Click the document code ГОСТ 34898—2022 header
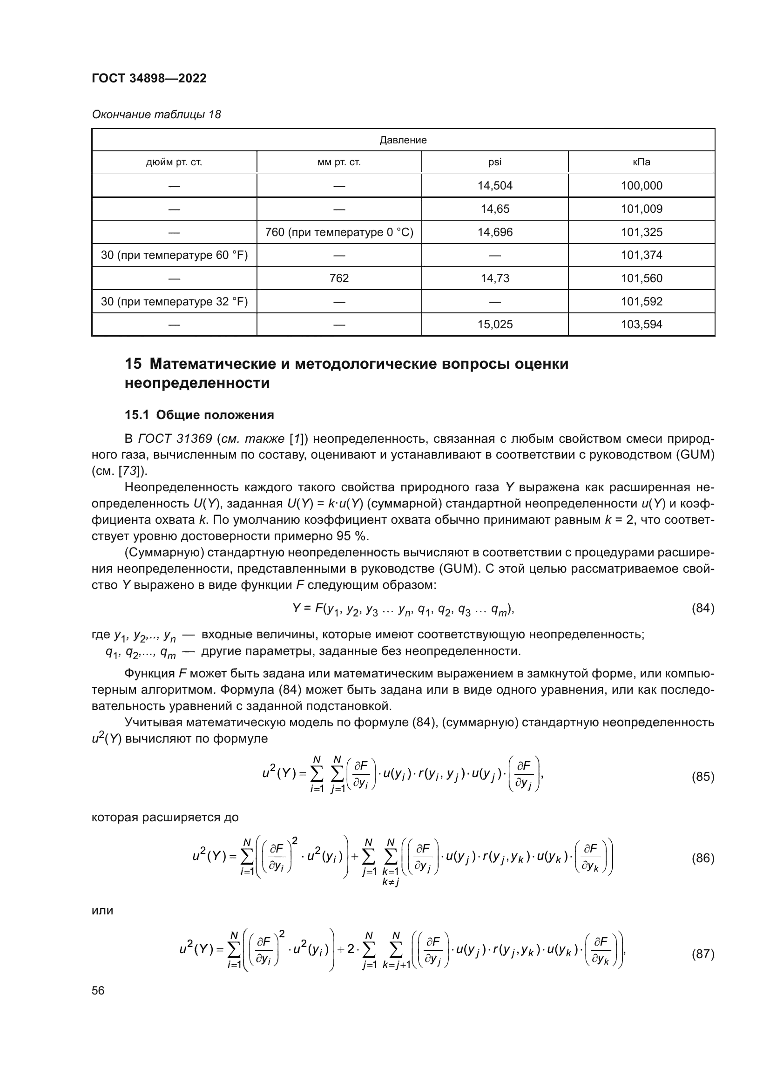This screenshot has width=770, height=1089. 149,78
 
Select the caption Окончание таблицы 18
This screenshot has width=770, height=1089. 156,115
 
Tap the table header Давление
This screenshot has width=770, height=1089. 403,140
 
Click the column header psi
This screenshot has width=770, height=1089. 494,162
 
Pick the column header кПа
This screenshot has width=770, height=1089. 641,162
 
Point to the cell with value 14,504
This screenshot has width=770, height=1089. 494,185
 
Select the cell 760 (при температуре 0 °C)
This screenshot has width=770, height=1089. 339,232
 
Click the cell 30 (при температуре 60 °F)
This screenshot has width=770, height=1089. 174,255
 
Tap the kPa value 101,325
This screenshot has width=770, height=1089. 641,232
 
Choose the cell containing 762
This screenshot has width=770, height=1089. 339,278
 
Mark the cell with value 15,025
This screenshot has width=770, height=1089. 494,325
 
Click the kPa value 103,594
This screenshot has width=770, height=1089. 641,325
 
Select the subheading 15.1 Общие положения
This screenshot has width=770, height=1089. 199,415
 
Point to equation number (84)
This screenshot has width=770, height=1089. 702,608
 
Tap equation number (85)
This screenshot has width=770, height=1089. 702,777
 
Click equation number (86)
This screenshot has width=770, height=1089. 702,858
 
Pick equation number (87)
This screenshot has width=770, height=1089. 702,954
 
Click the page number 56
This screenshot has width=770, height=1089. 98,991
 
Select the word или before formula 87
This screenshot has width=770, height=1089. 102,910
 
